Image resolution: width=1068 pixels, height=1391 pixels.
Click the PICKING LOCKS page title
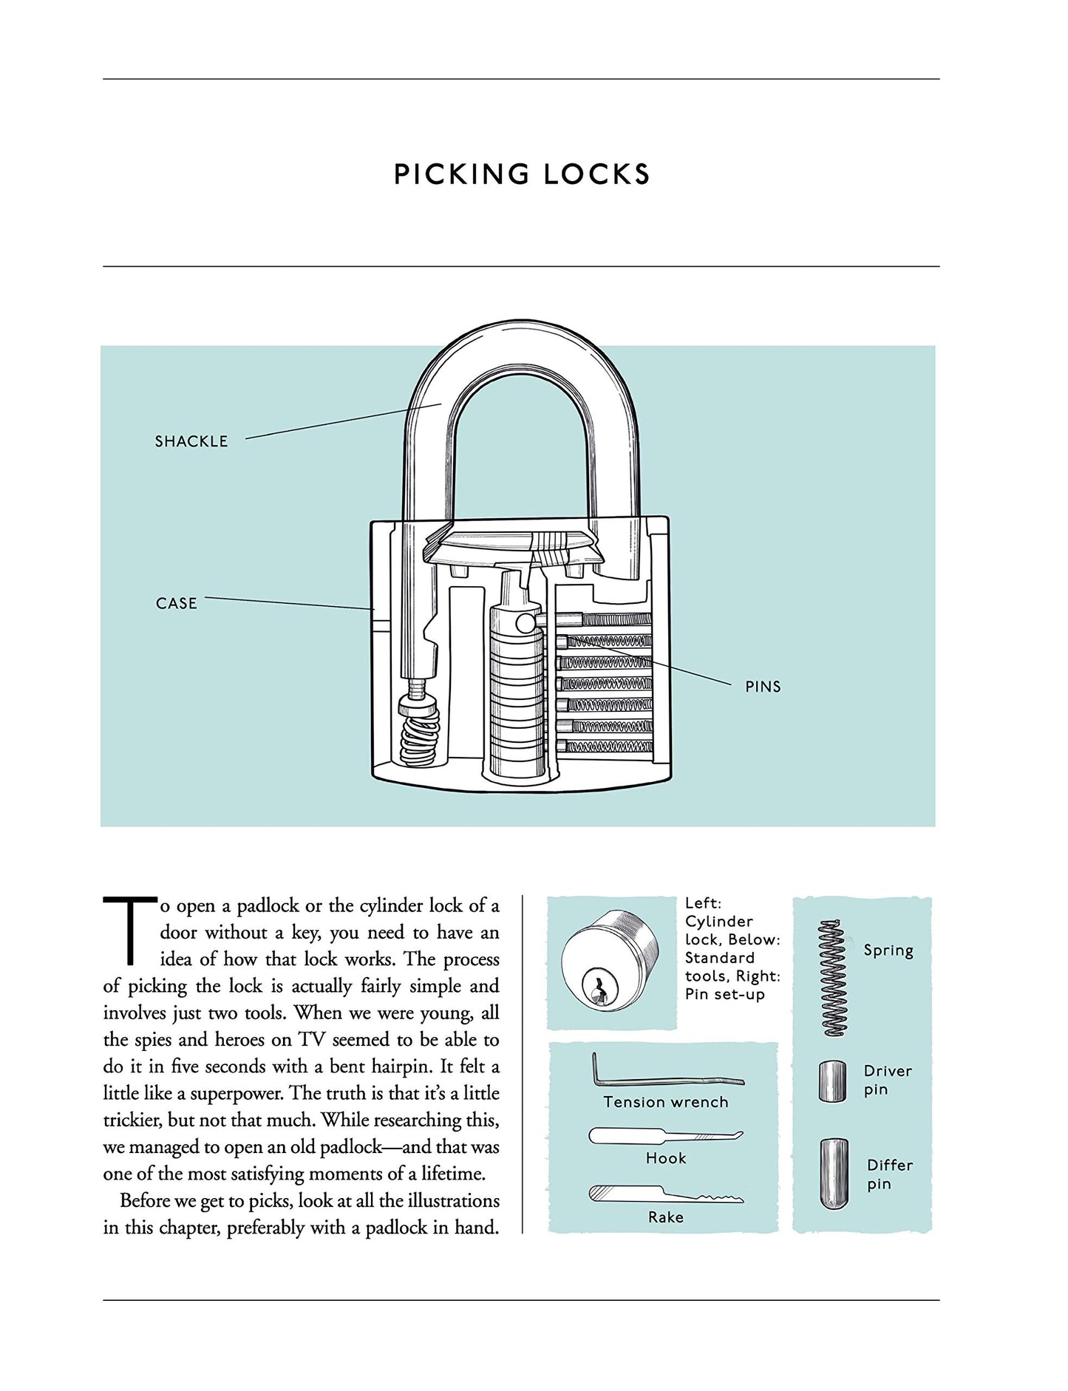(522, 174)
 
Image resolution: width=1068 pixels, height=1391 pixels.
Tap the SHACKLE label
(191, 441)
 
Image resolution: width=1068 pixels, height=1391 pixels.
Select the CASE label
(177, 603)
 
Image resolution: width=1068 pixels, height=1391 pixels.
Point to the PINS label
(763, 687)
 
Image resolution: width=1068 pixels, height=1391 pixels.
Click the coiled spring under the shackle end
(419, 735)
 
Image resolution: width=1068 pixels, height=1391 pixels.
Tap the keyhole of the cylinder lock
(596, 986)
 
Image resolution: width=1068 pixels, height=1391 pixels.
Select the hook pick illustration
(665, 1136)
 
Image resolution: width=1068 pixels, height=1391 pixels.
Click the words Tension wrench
(665, 1102)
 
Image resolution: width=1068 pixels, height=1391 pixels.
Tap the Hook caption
(666, 1158)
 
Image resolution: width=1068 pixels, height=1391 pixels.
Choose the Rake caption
(665, 1217)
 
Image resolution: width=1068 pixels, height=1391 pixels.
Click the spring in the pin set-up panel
(833, 978)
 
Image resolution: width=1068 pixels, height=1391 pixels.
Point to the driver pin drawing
(832, 1081)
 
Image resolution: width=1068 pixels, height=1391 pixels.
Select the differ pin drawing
(834, 1174)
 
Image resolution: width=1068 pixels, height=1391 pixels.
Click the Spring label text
(888, 950)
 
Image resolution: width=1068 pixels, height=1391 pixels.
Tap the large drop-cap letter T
(129, 931)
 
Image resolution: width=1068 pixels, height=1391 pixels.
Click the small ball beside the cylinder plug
(526, 622)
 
